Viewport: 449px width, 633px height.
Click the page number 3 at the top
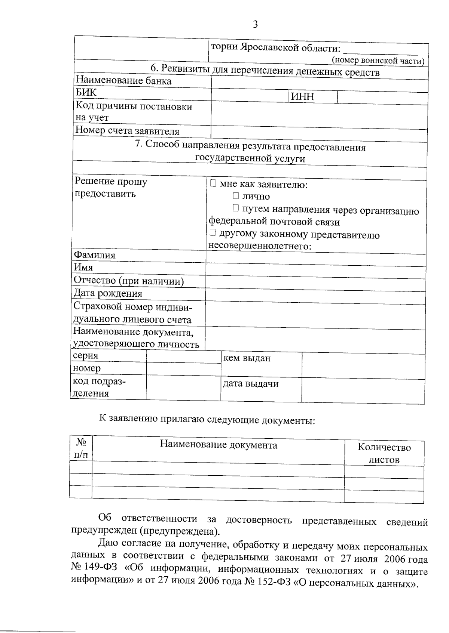[256, 25]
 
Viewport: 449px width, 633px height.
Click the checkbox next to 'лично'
[236, 196]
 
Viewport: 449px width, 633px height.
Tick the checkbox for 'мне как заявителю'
[213, 183]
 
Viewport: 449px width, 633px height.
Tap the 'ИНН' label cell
[302, 97]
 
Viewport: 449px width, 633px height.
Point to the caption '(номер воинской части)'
[378, 61]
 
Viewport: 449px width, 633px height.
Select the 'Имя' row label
[83, 268]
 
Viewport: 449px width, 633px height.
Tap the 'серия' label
[85, 355]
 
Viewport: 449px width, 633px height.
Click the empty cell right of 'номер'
[183, 369]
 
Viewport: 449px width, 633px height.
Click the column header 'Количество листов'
[384, 453]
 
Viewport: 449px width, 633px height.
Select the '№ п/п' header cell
[81, 448]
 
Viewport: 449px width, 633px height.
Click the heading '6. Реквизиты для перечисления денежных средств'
[265, 71]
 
